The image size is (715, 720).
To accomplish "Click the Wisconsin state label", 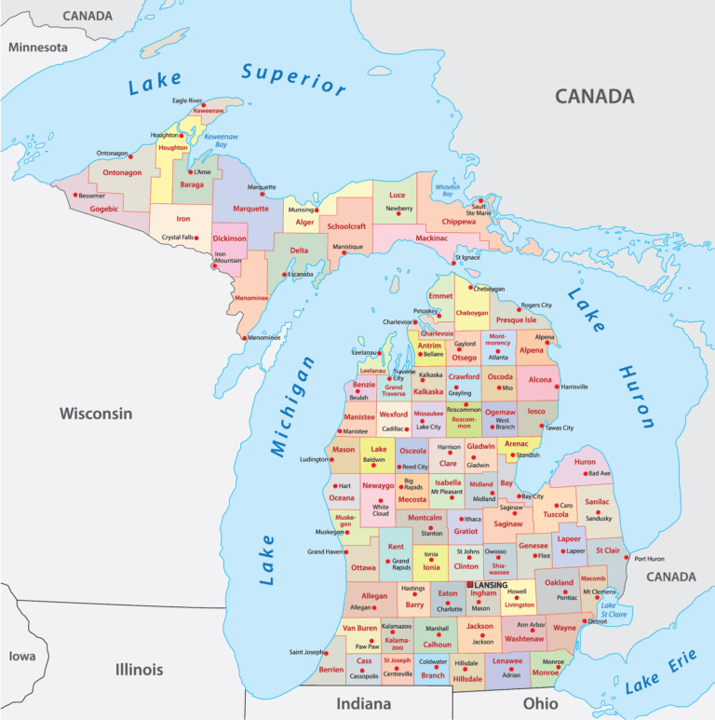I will coord(96,414).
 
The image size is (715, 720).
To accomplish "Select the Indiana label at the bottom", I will coord(364,703).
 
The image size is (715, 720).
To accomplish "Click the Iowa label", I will coord(22,656).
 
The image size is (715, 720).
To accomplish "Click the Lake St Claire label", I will coord(614,610).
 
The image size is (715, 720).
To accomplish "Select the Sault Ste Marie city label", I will coord(479,210).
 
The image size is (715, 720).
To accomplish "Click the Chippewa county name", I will coord(458,222).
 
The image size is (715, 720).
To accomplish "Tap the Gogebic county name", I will coord(104,209).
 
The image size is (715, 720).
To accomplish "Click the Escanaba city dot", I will coord(287,274).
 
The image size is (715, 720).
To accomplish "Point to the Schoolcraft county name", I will coord(346,226).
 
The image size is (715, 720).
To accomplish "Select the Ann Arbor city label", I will coord(531,624).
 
